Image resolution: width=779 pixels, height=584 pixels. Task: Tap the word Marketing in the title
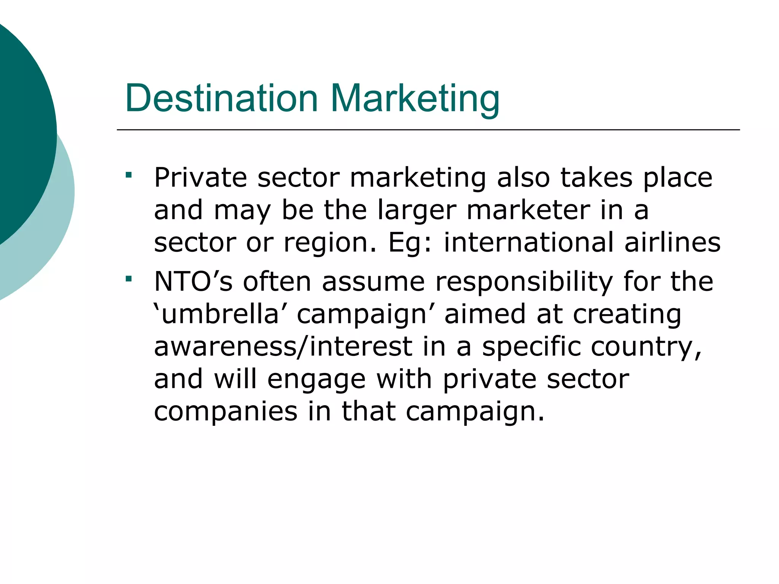[415, 99]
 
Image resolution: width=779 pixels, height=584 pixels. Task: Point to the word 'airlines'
[672, 242]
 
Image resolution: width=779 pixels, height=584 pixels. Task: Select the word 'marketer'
[528, 210]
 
